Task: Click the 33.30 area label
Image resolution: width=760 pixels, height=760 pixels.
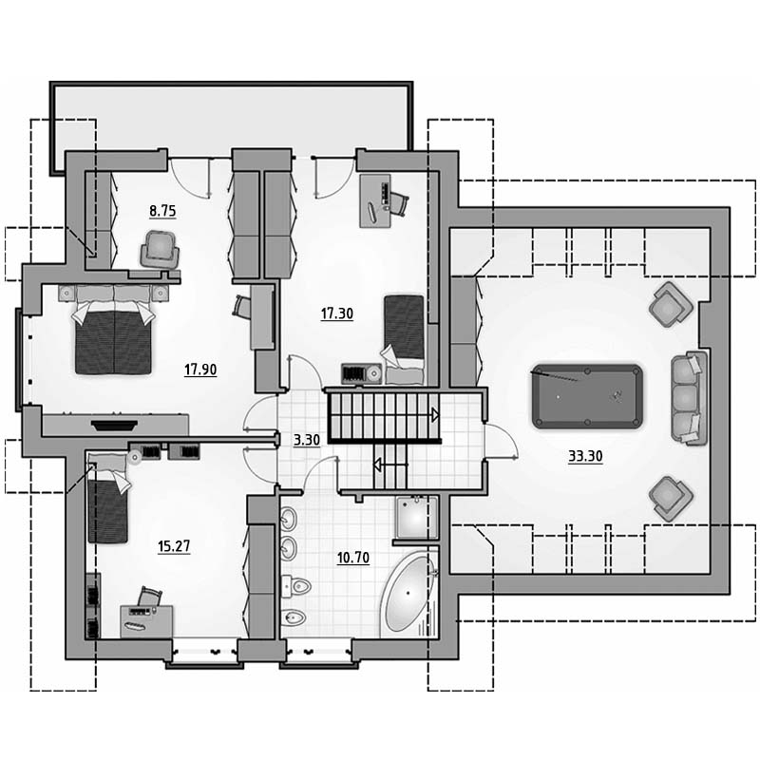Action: pos(585,456)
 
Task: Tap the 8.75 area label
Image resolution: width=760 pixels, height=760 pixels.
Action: pos(162,211)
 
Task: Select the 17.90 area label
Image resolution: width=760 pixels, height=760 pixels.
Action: pos(200,370)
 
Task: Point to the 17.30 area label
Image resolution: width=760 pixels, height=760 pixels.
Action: pos(337,313)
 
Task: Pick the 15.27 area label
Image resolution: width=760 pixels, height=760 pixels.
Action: pos(174,546)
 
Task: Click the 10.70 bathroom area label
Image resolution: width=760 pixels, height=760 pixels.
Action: pos(353,558)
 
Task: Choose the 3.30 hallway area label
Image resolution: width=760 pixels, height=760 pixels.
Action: pos(307,440)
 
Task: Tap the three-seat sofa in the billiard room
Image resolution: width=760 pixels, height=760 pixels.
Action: pos(688,397)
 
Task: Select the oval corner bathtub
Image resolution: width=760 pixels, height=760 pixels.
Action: pos(408,593)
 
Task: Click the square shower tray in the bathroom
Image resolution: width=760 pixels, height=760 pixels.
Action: pos(416,518)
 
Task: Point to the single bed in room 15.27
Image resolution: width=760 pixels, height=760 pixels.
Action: pos(107,498)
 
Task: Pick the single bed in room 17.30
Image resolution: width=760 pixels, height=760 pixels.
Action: pos(404,339)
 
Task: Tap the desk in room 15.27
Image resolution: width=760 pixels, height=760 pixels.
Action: pos(146,621)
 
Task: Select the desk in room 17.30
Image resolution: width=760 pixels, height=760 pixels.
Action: pos(375,200)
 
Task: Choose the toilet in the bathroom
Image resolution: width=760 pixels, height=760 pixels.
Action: pos(295,586)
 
